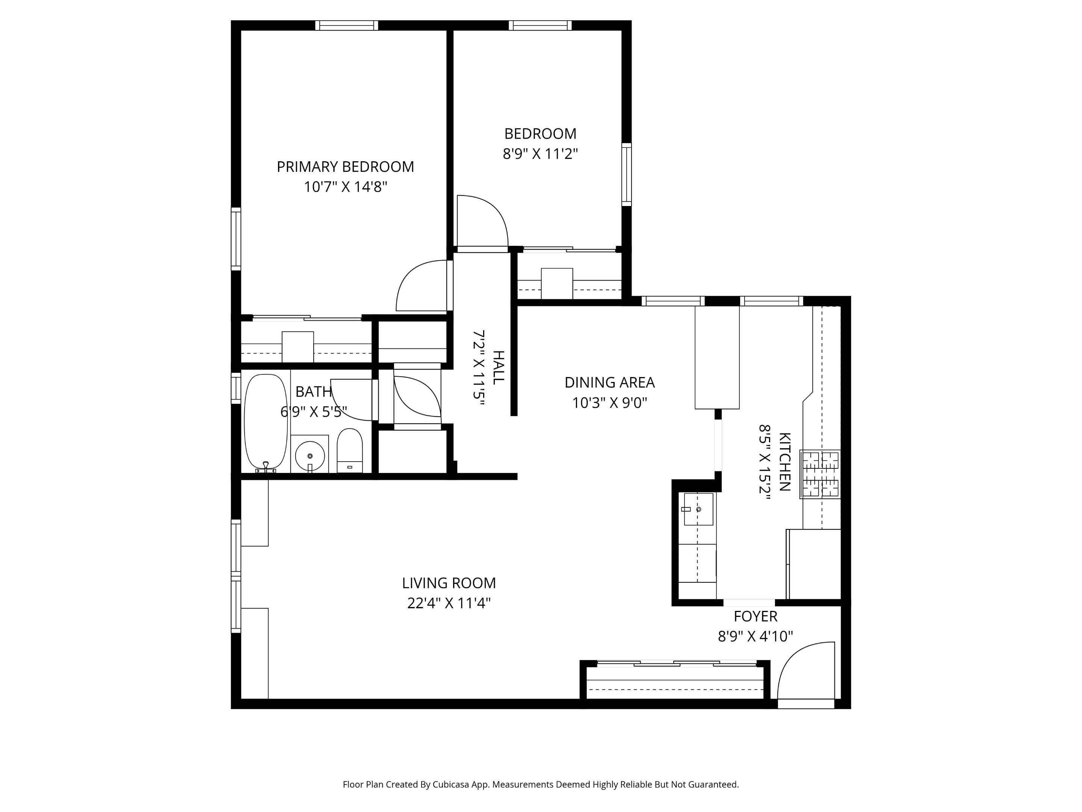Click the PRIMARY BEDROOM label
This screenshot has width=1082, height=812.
[345, 167]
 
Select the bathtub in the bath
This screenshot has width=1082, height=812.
[266, 422]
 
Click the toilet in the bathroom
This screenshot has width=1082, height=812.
[350, 451]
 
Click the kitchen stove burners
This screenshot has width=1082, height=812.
[820, 474]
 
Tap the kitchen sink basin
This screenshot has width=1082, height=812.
[698, 509]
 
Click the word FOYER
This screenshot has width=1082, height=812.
[755, 616]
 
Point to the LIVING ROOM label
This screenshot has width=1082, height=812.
[449, 583]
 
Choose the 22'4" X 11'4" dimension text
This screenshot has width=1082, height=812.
[449, 603]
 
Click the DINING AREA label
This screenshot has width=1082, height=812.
[609, 382]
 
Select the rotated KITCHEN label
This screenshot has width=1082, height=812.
[784, 462]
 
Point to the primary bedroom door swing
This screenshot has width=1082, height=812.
[423, 286]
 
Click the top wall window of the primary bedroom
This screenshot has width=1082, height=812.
[346, 26]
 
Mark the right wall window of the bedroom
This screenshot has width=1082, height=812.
[626, 174]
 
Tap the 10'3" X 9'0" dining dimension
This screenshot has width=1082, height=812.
[609, 403]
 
